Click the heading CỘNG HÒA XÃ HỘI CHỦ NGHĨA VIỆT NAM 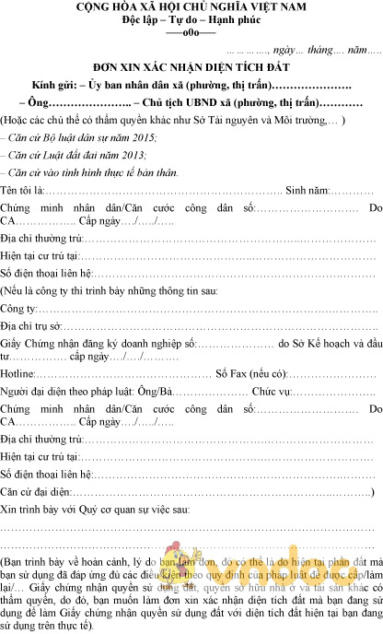[191, 7]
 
